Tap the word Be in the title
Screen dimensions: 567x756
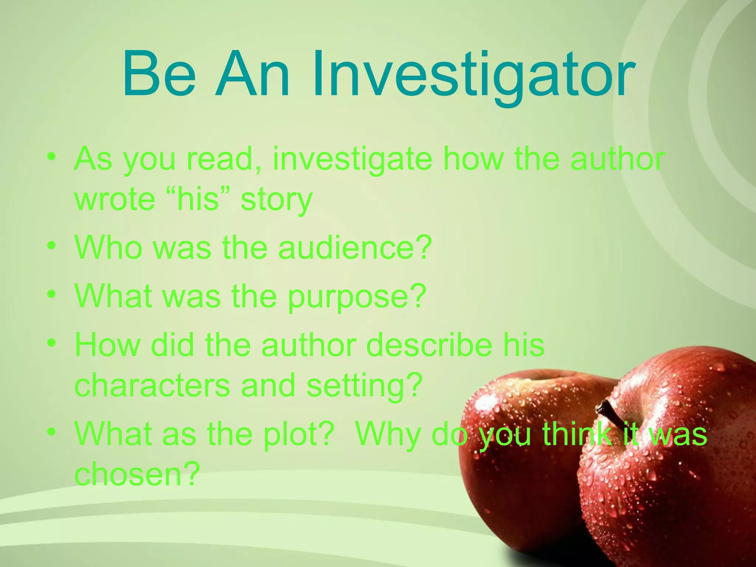click(159, 76)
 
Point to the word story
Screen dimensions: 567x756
click(276, 201)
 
